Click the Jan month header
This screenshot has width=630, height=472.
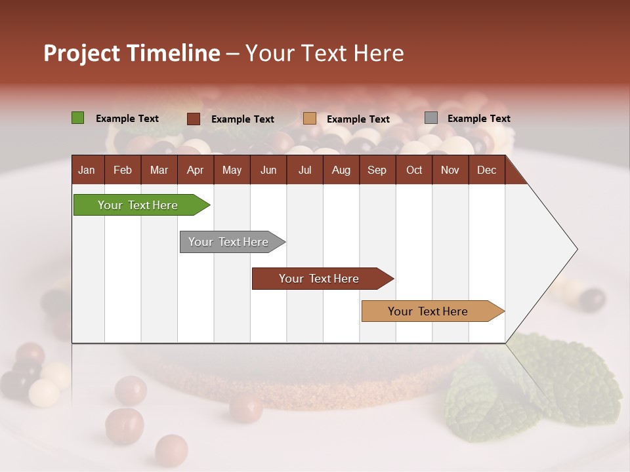click(x=87, y=170)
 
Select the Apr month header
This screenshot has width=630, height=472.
click(x=195, y=170)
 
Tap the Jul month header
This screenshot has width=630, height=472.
click(x=304, y=170)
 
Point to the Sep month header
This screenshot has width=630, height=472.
click(x=377, y=170)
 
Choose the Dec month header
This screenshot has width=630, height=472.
click(x=486, y=170)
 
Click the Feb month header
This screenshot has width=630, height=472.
click(x=123, y=170)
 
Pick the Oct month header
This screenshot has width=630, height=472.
click(x=414, y=170)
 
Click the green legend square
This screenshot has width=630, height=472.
click(x=78, y=118)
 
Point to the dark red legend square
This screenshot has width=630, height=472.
click(x=194, y=119)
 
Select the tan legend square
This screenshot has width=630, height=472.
click(x=310, y=119)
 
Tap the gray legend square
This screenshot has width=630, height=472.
click(x=431, y=118)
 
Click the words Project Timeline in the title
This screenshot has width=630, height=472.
click(x=132, y=53)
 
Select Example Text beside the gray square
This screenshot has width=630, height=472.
click(x=478, y=119)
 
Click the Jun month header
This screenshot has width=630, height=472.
click(x=268, y=170)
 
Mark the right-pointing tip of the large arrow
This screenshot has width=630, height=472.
click(x=576, y=249)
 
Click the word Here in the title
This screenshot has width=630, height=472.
click(x=379, y=53)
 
